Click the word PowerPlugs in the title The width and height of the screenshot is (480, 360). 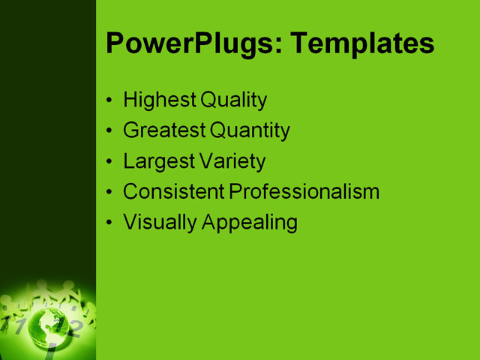[x=192, y=43]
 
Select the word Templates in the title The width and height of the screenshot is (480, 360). [x=362, y=43]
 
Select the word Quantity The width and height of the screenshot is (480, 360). [x=250, y=130]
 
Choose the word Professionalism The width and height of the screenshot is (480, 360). [x=304, y=192]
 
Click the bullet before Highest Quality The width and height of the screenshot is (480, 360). [x=110, y=100]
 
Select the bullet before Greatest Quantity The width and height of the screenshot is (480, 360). [x=110, y=131]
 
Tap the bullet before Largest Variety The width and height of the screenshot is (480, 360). [x=110, y=162]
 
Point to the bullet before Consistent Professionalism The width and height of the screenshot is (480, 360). [x=110, y=193]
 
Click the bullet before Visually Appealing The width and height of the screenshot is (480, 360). [x=110, y=223]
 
